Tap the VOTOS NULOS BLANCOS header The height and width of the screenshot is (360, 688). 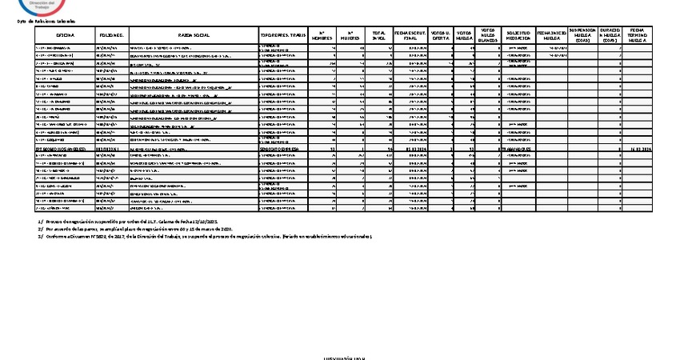[489, 36]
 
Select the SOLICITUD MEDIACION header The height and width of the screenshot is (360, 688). [518, 36]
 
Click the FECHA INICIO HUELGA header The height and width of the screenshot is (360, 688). [552, 36]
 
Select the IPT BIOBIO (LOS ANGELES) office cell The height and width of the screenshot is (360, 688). [64, 149]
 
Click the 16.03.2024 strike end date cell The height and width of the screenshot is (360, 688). [638, 149]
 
